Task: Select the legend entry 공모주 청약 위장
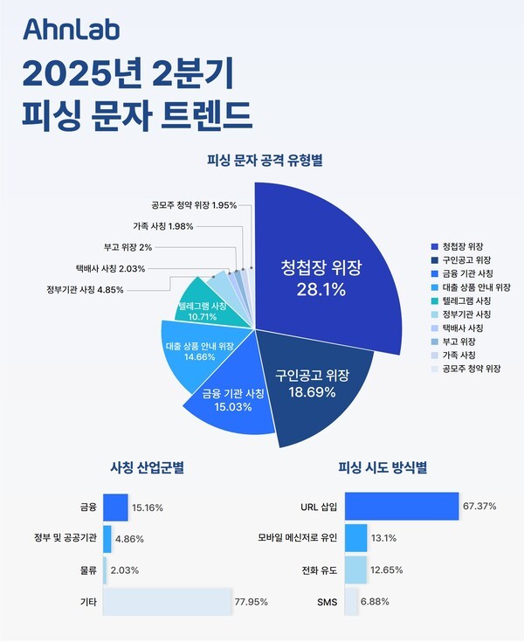(x=472, y=369)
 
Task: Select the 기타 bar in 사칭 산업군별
(x=167, y=601)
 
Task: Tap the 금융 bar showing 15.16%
(x=115, y=507)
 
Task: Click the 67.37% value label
(x=479, y=507)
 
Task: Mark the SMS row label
(x=327, y=602)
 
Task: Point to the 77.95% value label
(x=251, y=602)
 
